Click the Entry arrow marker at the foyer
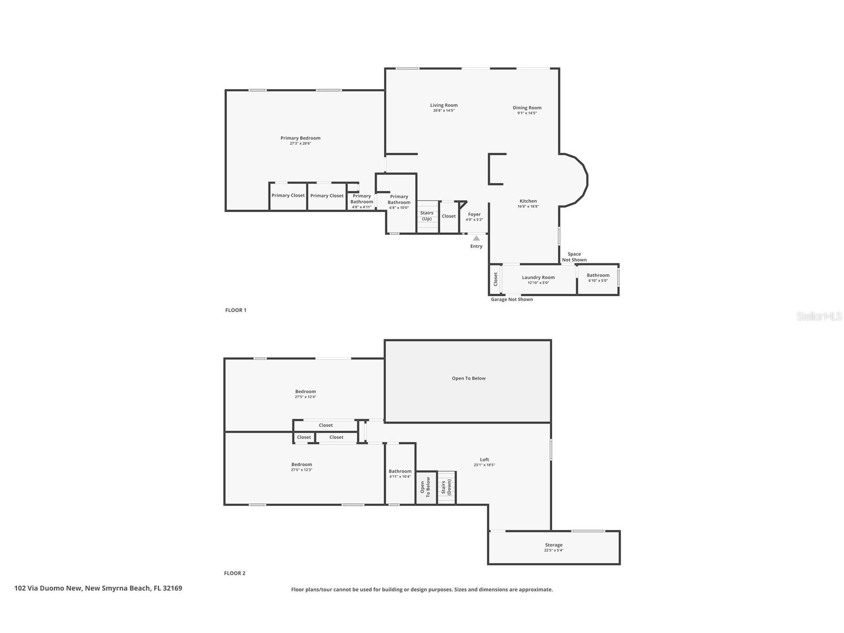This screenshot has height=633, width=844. [476, 238]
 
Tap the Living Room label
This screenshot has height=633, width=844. [444, 105]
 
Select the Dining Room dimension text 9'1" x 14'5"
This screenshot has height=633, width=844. [527, 113]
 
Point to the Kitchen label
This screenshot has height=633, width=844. [528, 201]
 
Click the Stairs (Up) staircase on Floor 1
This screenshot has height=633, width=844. [427, 216]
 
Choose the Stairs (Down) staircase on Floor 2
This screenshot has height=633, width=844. [447, 487]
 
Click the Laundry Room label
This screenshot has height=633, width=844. [538, 277]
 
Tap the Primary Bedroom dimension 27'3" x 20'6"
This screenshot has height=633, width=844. [300, 143]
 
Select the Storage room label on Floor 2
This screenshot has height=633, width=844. [554, 545]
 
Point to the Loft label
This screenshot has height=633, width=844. [484, 459]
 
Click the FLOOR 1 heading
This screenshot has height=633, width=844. [236, 310]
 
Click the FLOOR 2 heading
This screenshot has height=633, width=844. [235, 573]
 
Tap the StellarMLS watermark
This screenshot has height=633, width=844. [819, 316]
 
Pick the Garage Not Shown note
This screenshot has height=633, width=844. [512, 299]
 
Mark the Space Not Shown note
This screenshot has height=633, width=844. [574, 257]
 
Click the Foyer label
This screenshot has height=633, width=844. [474, 214]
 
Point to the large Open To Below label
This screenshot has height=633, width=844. [469, 378]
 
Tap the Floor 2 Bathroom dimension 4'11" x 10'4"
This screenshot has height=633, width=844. [400, 477]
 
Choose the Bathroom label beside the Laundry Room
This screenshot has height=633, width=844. [598, 275]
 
